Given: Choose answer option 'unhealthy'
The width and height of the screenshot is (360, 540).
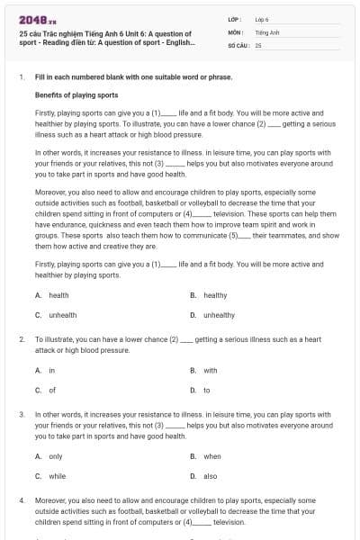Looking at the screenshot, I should click(219, 315).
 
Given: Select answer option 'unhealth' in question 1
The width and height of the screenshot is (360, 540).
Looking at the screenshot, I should click(63, 315).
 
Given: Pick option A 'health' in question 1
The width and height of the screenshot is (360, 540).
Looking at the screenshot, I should click(58, 295).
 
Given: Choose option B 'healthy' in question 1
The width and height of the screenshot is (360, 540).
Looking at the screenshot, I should click(215, 295).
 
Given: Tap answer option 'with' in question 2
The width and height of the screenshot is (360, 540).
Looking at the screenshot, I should click(210, 370).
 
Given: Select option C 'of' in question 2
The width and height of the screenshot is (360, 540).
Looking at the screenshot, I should click(52, 390).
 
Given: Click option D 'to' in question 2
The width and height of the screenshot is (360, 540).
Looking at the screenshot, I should click(207, 390).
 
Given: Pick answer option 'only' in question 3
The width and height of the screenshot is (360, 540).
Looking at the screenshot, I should click(56, 456).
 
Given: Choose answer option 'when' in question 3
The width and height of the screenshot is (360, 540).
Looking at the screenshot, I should click(212, 456).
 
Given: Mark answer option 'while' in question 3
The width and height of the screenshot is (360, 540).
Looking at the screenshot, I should click(57, 476).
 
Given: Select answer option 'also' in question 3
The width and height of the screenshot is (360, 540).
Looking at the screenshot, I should click(210, 476).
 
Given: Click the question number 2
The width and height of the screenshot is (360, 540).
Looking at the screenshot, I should click(22, 339).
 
